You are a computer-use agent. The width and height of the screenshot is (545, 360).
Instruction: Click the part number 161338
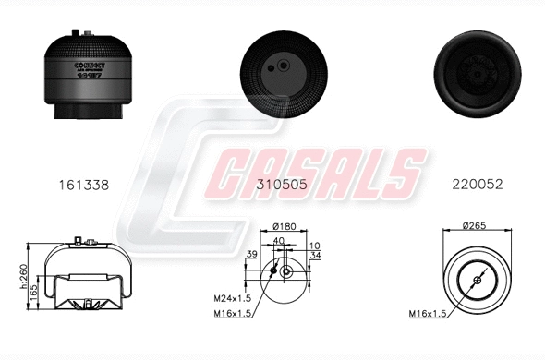point(83,185)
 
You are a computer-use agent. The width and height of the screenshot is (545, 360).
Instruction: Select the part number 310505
point(281,185)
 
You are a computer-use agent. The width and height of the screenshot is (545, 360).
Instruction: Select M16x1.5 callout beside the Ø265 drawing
point(428,314)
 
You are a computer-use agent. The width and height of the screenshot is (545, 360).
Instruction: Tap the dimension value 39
point(252,255)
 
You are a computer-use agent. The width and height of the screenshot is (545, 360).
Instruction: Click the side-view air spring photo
point(83,79)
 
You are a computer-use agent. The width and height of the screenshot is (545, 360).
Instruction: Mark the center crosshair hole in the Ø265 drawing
point(477,280)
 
